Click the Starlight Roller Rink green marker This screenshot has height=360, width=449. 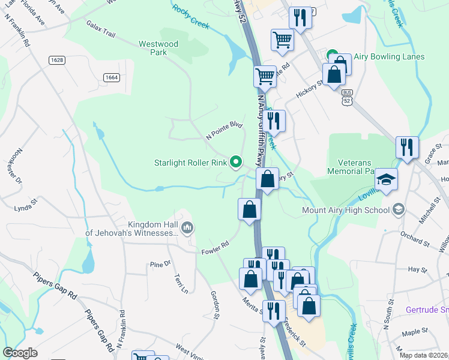236,161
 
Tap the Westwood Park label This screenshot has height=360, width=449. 158,48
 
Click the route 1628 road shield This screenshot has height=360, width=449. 57,60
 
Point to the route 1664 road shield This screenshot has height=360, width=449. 110,77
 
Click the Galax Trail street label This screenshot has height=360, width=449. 100,28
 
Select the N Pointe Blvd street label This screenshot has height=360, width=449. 223,131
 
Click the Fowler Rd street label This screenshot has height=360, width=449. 215,245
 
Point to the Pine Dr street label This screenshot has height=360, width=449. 160,263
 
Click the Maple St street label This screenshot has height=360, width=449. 414,331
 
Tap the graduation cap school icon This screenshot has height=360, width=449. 386,179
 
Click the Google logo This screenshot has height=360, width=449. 20,352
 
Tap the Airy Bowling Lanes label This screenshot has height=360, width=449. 389,57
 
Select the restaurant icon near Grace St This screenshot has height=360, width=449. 407,147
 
